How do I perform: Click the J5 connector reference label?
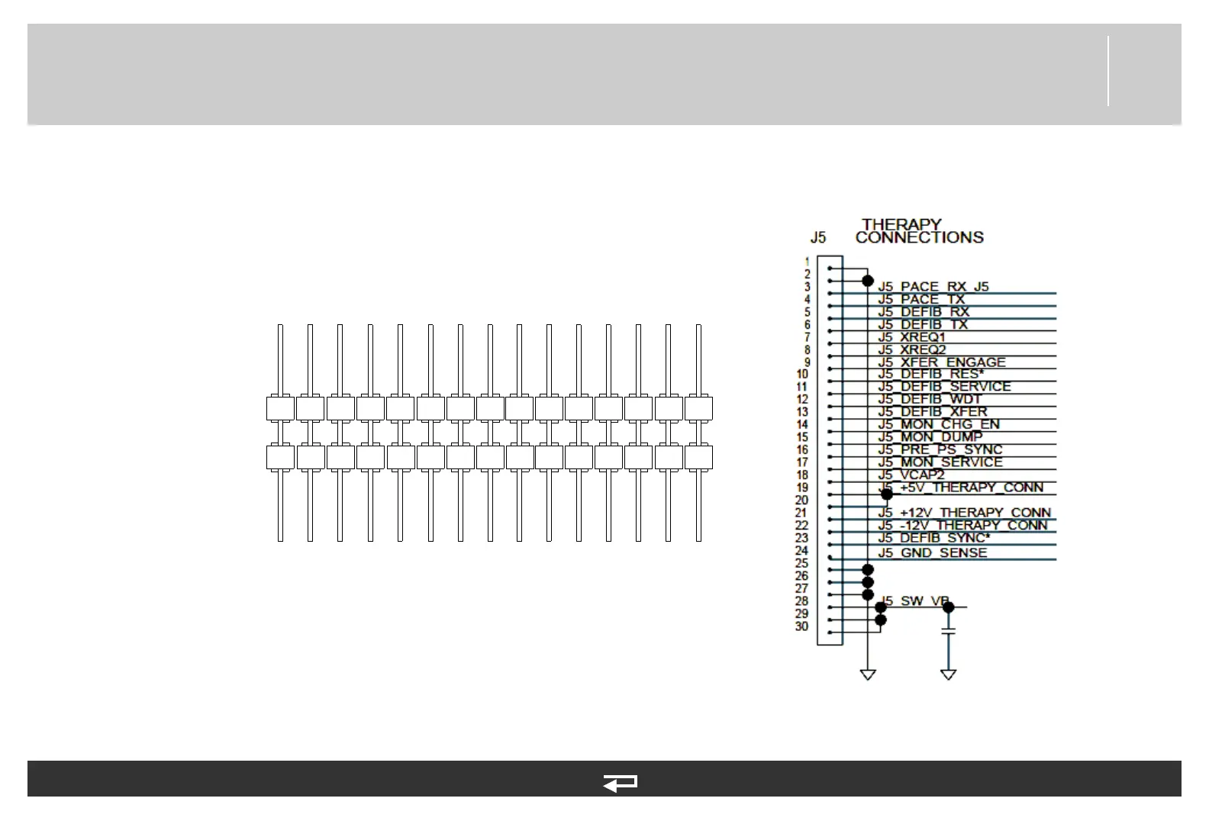pyautogui.click(x=817, y=237)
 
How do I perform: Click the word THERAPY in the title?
pyautogui.click(x=901, y=224)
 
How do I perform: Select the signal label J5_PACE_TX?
pyautogui.click(x=921, y=299)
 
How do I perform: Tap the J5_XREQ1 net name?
pyautogui.click(x=911, y=337)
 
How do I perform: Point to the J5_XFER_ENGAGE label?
pyautogui.click(x=941, y=362)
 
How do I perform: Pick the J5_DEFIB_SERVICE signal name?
pyautogui.click(x=943, y=387)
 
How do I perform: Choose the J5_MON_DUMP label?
pyautogui.click(x=930, y=437)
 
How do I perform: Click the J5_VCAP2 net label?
pyautogui.click(x=911, y=475)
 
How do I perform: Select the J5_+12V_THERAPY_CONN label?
pyautogui.click(x=964, y=513)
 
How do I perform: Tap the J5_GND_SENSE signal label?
pyautogui.click(x=932, y=552)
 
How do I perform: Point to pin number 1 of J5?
pyautogui.click(x=807, y=262)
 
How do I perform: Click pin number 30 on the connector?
pyautogui.click(x=801, y=626)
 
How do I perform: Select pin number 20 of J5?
pyautogui.click(x=801, y=501)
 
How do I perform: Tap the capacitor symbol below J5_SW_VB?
pyautogui.click(x=949, y=632)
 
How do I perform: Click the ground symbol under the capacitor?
pyautogui.click(x=949, y=674)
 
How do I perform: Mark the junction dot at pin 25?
pyautogui.click(x=868, y=569)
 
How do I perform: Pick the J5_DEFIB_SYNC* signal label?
pyautogui.click(x=933, y=538)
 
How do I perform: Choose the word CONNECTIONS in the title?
pyautogui.click(x=919, y=237)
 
